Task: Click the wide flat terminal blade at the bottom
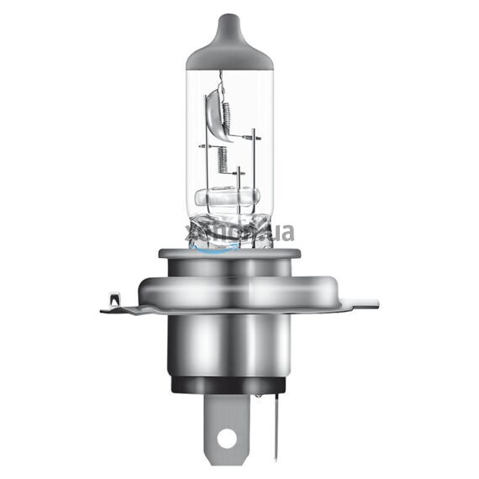point(225,424)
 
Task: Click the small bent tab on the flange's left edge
point(113,299)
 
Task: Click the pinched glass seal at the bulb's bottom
point(227,228)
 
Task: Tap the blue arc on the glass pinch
point(215,247)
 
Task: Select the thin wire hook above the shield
point(221,80)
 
